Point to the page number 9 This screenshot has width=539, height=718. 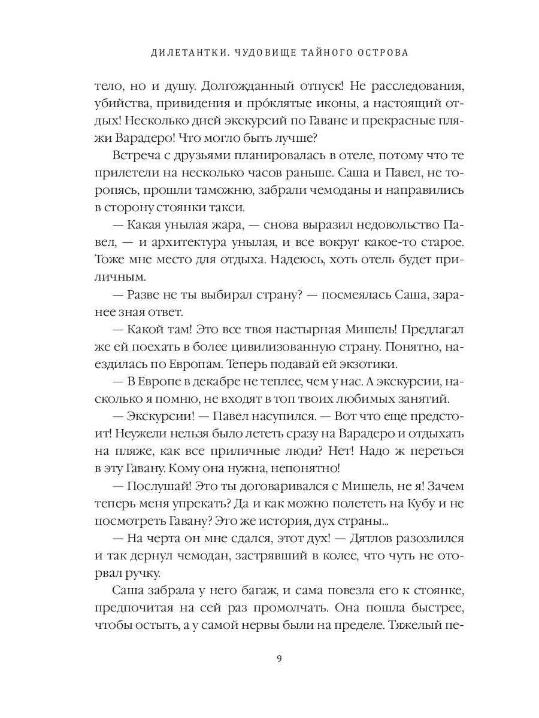point(279,659)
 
